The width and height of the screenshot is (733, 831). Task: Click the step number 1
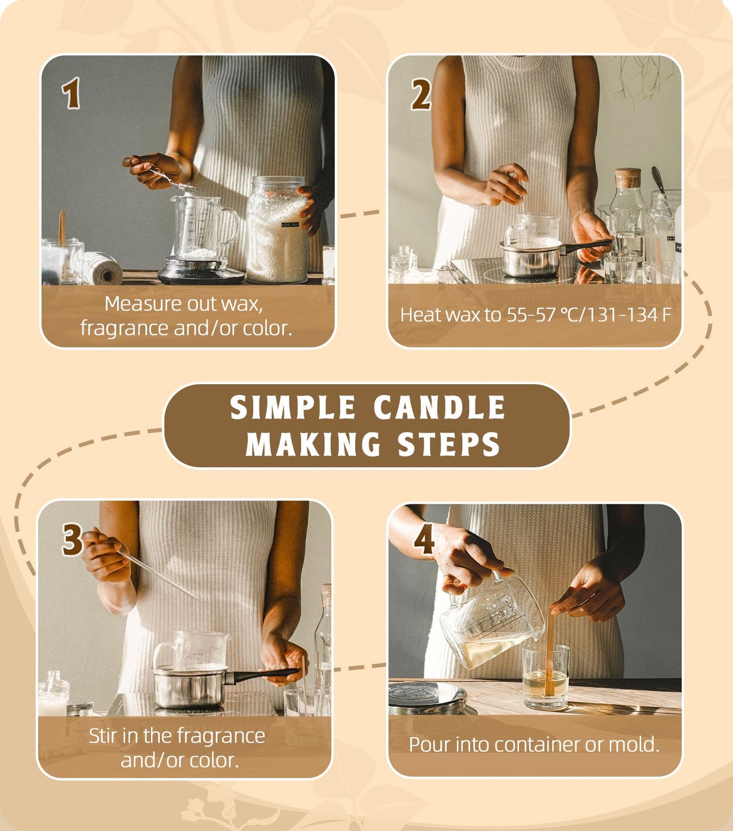point(72,93)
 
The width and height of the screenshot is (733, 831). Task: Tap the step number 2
point(421,95)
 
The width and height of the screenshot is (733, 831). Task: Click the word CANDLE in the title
point(439,408)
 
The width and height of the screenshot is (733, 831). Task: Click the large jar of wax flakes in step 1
point(277,231)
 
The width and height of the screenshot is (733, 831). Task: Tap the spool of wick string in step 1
point(101,268)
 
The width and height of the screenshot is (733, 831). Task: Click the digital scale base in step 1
point(200,272)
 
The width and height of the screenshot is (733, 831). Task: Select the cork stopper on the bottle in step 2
point(628,178)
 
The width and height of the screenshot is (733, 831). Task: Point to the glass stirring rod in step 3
point(160,575)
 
